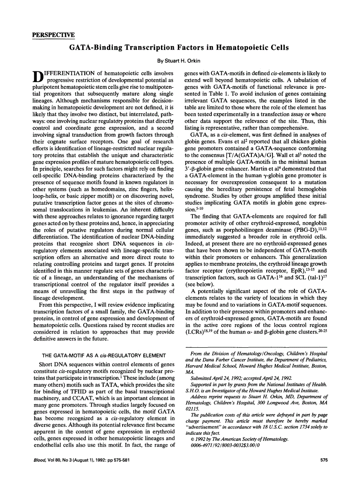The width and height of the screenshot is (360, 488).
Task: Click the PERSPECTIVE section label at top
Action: point(53,34)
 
